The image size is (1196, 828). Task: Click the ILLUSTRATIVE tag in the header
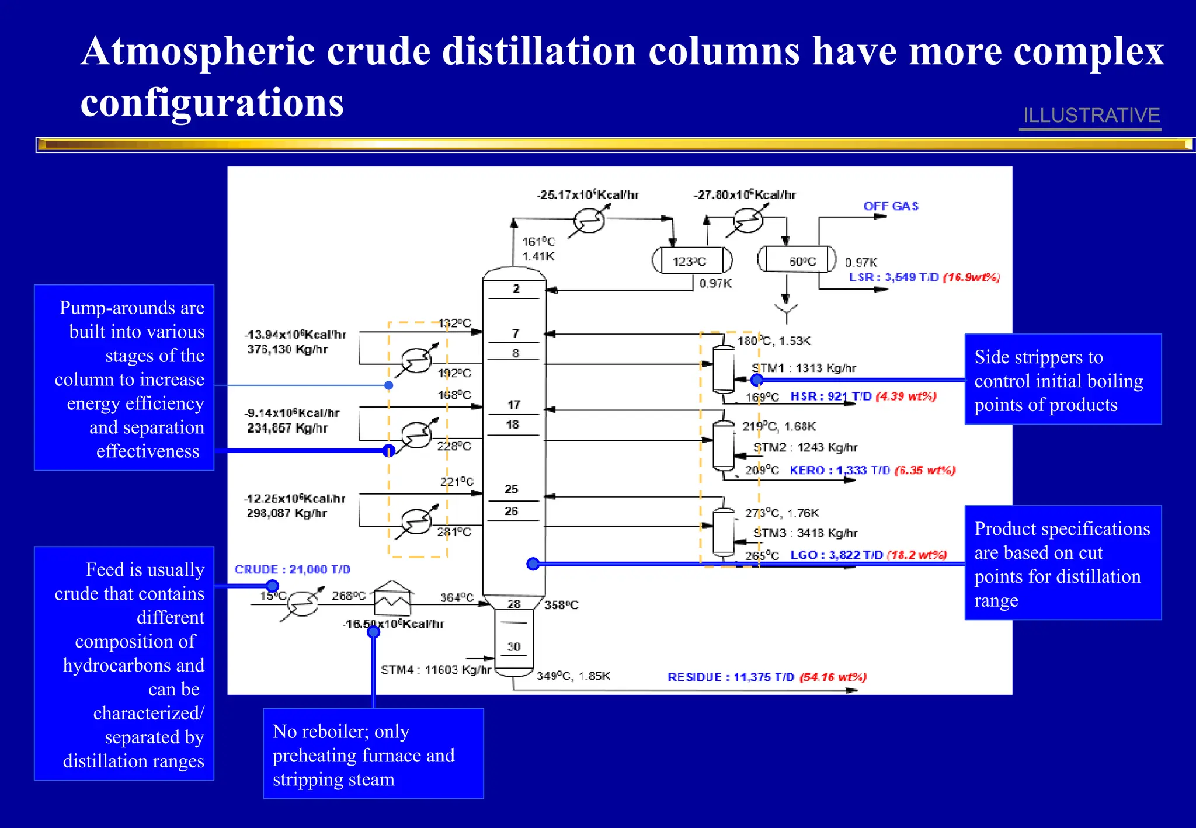point(1091,115)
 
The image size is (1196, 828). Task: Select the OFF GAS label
point(891,206)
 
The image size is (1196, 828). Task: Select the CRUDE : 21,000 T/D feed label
point(292,569)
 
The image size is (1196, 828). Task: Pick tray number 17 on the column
point(514,405)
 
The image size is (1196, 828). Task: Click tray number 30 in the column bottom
point(514,646)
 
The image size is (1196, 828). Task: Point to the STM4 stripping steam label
point(436,670)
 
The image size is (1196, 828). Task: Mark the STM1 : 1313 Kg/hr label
point(804,368)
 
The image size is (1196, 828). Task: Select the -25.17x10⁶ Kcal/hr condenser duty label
point(587,194)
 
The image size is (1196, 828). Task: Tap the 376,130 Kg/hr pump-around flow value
point(287,350)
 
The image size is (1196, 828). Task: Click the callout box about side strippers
point(1062,379)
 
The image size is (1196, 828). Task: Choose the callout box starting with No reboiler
point(373,754)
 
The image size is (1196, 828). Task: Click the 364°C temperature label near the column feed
point(457,597)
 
